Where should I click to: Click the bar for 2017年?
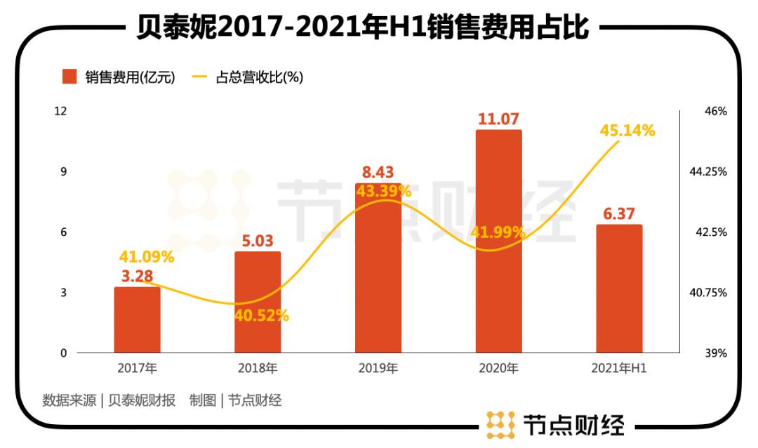(x=137, y=319)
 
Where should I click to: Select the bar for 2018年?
(x=258, y=302)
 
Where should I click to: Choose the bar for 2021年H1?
(x=619, y=288)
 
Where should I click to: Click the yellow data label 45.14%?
(x=627, y=131)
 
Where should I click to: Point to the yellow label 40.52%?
(x=261, y=315)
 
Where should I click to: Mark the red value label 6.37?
(x=619, y=213)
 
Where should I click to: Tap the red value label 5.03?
(x=258, y=241)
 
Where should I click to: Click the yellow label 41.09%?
(x=146, y=257)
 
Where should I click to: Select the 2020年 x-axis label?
(x=498, y=368)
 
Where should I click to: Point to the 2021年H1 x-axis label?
(x=619, y=368)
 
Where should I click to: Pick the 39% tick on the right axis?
(x=716, y=353)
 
